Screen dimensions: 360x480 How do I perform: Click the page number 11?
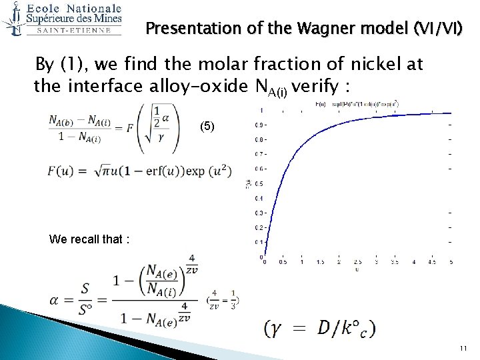coord(463,348)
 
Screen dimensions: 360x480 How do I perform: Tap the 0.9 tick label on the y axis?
coord(261,125)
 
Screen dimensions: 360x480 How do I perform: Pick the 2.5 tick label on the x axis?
coord(357,262)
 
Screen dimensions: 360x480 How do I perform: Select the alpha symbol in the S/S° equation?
coord(57,299)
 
